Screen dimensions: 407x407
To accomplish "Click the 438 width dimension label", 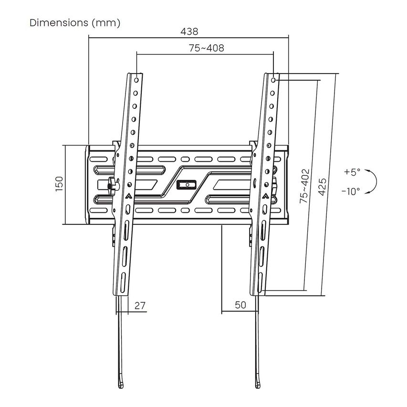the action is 189,31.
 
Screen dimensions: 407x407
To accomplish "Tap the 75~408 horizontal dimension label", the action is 206,48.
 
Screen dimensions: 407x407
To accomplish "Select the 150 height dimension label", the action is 59,184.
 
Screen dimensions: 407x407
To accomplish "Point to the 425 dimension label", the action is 322,187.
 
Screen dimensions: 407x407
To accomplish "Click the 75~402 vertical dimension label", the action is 304,186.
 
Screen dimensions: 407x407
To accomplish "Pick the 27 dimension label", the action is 140,305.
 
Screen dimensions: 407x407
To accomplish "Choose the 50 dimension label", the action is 240,305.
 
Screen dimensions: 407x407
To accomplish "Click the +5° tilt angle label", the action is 352,172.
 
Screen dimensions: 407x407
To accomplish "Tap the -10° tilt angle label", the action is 351,191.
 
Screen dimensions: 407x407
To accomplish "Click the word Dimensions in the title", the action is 59,22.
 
